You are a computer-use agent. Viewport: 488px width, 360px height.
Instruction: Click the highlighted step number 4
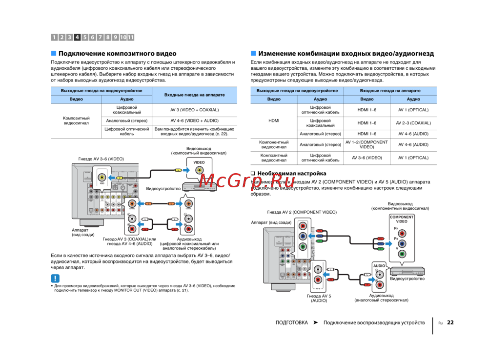78,37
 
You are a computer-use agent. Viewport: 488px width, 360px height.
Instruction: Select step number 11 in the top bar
130,37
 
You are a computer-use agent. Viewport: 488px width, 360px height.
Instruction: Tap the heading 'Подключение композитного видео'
118,54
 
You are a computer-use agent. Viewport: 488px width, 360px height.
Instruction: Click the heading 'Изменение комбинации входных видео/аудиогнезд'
346,54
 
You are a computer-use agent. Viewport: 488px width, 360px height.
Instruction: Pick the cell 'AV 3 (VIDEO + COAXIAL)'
194,110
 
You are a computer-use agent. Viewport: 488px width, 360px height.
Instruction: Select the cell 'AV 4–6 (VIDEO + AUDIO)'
194,120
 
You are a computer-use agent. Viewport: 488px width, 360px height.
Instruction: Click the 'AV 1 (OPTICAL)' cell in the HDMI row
413,110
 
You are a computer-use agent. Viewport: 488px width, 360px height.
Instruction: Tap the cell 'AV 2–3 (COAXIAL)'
413,123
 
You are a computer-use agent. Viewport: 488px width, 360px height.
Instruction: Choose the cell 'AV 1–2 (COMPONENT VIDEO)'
366,144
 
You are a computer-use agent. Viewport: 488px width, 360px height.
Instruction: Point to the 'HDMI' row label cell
274,120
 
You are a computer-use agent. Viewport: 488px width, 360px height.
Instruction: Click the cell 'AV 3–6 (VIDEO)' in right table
366,158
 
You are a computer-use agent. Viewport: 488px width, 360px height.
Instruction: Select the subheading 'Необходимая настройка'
292,173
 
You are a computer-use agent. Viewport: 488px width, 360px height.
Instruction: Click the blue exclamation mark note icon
56,279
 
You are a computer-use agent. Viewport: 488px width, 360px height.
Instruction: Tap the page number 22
450,322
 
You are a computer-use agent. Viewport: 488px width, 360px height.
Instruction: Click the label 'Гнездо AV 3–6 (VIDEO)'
101,159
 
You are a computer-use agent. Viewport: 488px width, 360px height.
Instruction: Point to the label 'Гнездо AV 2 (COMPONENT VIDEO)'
302,212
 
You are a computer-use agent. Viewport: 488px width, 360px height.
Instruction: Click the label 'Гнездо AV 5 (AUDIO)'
319,298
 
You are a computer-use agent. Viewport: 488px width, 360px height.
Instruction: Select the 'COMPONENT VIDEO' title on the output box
401,219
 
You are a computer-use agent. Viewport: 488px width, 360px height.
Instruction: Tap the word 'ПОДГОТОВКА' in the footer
291,322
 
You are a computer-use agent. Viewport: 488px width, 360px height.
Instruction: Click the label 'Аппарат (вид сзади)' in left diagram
83,232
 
